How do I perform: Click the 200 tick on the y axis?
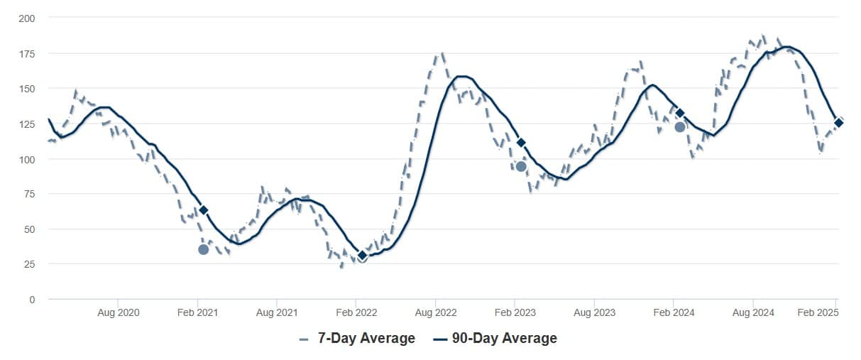coord(26,17)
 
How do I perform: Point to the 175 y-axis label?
coord(26,53)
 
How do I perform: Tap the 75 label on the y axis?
coord(28,194)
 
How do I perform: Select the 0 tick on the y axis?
coord(31,300)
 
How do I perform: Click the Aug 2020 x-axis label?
coord(117,312)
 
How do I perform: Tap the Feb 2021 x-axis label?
coord(197,312)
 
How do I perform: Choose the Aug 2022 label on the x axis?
coord(435,312)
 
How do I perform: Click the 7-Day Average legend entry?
coord(358,339)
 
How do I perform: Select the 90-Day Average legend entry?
coord(495,339)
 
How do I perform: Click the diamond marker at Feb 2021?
coord(204,210)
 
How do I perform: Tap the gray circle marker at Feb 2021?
coord(204,249)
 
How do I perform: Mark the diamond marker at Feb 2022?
coord(362,256)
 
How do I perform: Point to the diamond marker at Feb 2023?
coord(521,143)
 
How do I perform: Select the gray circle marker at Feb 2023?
coord(521,166)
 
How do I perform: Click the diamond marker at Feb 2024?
coord(679,113)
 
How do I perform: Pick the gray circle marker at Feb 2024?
coord(679,127)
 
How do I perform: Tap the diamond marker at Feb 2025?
coord(838,123)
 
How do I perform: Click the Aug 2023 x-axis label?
coord(594,312)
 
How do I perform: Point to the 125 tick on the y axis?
coord(26,124)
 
